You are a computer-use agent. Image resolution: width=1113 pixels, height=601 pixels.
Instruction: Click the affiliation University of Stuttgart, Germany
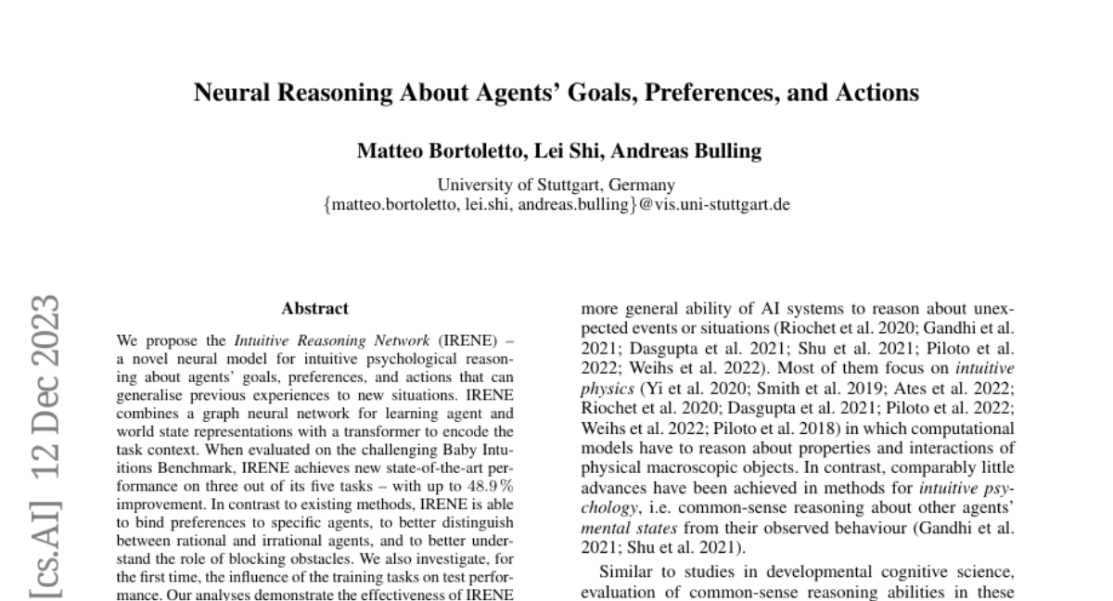(556, 185)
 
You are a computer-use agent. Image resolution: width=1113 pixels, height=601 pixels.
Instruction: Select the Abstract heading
(315, 308)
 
